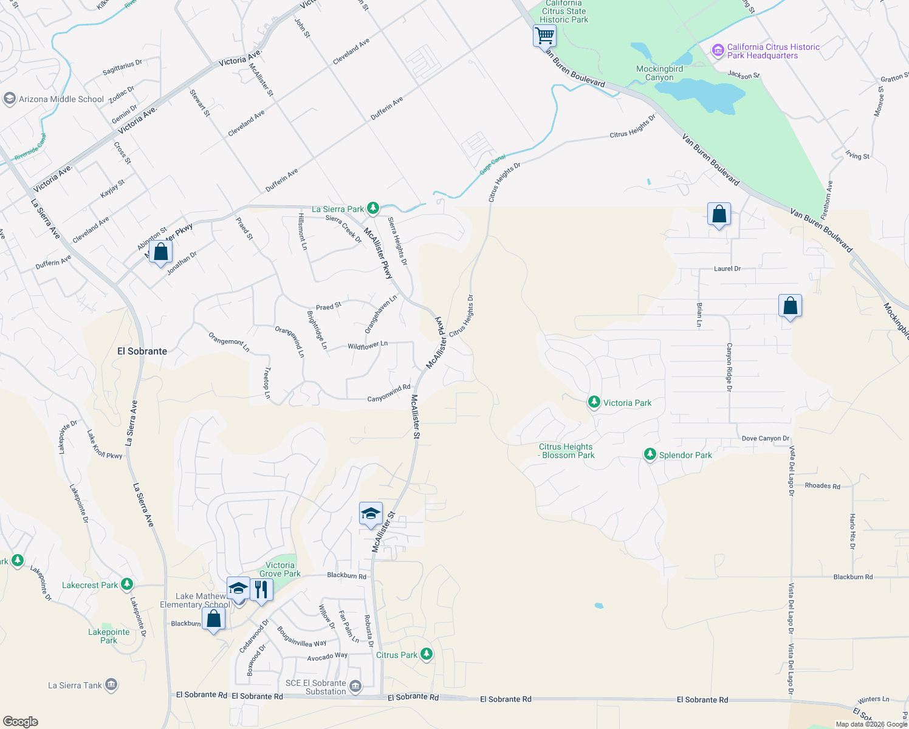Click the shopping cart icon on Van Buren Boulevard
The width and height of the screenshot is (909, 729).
coord(544,35)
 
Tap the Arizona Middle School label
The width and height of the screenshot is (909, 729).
coord(61,99)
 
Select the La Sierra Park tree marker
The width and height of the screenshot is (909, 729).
coord(373,209)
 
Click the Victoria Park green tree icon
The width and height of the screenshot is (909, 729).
coord(594,402)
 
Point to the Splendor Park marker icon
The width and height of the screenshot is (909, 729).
coord(650,454)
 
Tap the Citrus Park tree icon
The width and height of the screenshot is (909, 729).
coord(427,654)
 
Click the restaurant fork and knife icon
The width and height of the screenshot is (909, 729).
coord(261,589)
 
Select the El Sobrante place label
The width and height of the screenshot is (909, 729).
coord(142,351)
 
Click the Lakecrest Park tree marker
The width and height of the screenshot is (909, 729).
coord(126,584)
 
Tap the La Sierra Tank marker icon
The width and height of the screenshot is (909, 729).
coord(111,685)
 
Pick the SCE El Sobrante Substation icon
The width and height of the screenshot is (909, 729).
coord(355,686)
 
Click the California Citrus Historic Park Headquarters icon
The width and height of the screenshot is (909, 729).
coord(718,50)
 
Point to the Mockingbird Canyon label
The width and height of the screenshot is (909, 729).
coord(659,73)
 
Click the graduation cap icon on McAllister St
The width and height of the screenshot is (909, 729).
coord(371,514)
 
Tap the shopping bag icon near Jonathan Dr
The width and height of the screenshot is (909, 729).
coord(160,252)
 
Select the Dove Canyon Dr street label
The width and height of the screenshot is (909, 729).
coord(765,438)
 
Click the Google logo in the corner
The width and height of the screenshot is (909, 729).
coord(21,721)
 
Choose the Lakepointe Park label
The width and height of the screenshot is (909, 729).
coord(109,636)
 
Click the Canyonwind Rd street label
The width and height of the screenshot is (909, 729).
coord(388,394)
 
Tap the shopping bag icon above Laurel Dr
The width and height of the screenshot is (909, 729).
coord(719,214)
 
